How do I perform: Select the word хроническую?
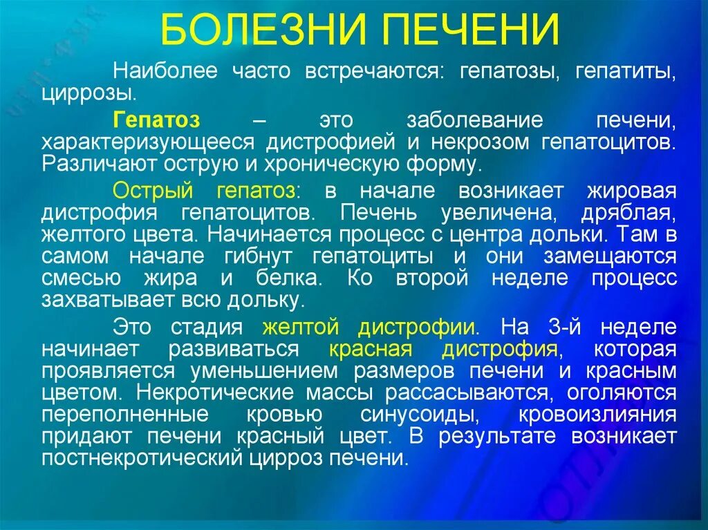tap(339, 164)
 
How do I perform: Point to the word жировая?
tap(631, 191)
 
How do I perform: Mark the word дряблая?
tap(632, 213)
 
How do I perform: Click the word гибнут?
tap(266, 257)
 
